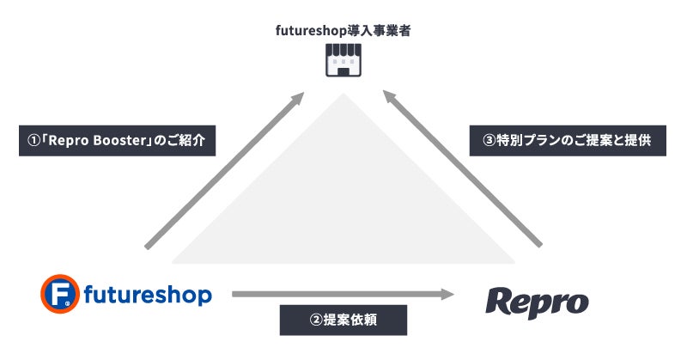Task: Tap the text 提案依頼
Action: tap(356, 320)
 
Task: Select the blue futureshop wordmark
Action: tap(148, 296)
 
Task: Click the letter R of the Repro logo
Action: tap(502, 302)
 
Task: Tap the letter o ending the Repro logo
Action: tap(577, 304)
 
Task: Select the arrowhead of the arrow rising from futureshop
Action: tap(296, 99)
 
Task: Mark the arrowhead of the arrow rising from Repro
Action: tap(391, 99)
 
